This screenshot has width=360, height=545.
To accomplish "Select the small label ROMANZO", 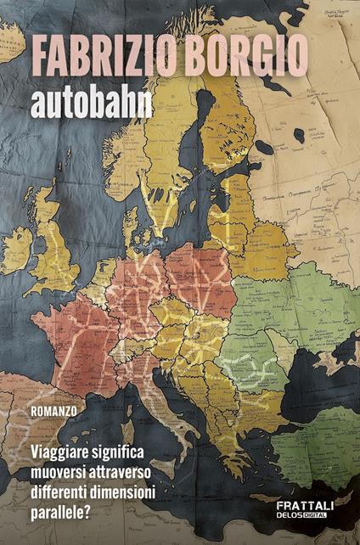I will click(x=53, y=409).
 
